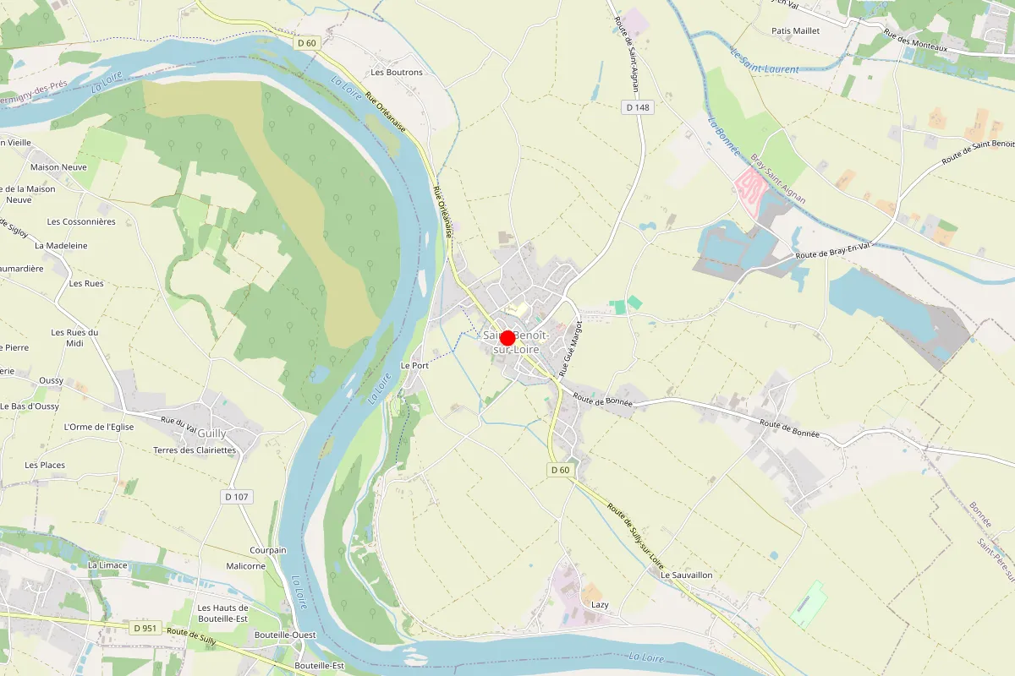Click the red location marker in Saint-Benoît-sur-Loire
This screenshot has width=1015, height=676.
tap(507, 338)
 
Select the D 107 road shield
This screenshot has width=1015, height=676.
tap(239, 497)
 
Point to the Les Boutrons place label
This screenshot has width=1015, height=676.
tap(397, 73)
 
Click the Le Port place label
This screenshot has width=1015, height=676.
tap(414, 366)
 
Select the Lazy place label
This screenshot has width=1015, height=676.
tap(600, 605)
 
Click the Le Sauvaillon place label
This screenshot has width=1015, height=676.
tap(686, 575)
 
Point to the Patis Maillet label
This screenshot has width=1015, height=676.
tap(796, 31)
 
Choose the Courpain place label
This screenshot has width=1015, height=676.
tap(268, 550)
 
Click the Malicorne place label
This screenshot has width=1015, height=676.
tap(245, 566)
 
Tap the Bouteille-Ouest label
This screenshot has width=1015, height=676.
tap(285, 635)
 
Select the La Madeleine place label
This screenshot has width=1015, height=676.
tap(61, 246)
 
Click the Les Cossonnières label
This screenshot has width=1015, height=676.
tap(81, 222)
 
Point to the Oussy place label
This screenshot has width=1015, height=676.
tap(51, 381)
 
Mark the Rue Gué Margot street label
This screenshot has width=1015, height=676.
tap(571, 348)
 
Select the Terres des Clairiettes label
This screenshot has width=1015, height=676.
tap(195, 450)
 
